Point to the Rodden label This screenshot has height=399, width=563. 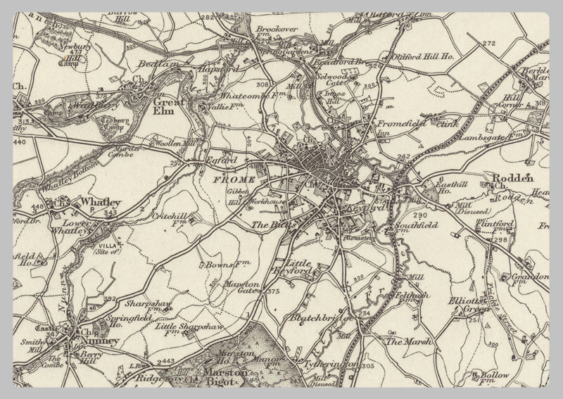[x=512, y=179]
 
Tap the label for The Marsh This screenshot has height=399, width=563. [x=403, y=341]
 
